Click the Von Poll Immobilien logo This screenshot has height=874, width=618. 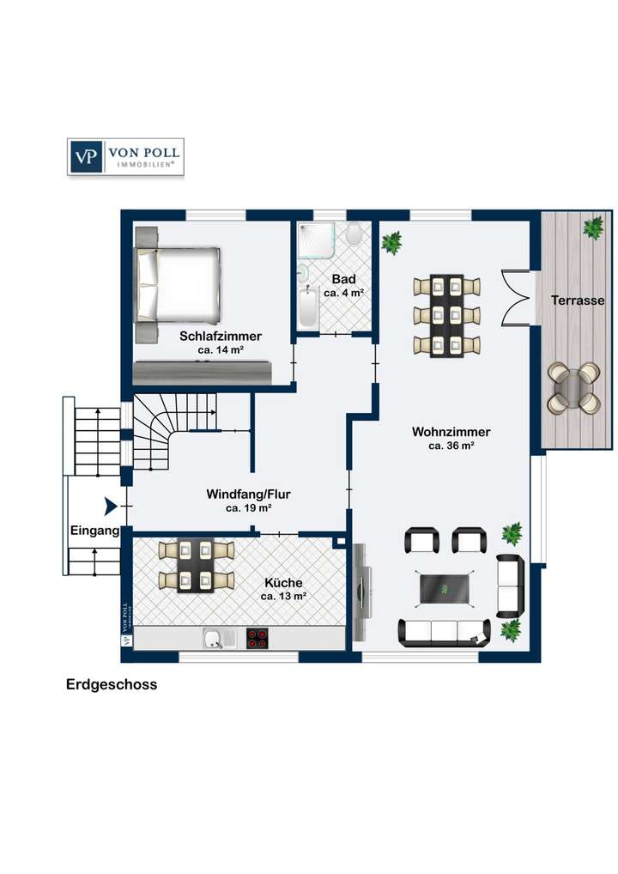click(125, 157)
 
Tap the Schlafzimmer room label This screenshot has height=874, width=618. click(221, 337)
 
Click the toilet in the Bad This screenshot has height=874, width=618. click(353, 234)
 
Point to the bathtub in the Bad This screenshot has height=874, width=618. click(308, 308)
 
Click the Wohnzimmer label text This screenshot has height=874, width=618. click(451, 432)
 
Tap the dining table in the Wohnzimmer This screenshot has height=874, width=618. click(446, 315)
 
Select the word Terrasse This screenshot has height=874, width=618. click(578, 300)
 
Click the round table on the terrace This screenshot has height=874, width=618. click(573, 387)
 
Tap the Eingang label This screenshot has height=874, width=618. click(94, 531)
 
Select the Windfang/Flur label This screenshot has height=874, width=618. click(248, 495)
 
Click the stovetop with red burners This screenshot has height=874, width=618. click(257, 637)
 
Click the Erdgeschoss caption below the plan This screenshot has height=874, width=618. click(112, 685)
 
